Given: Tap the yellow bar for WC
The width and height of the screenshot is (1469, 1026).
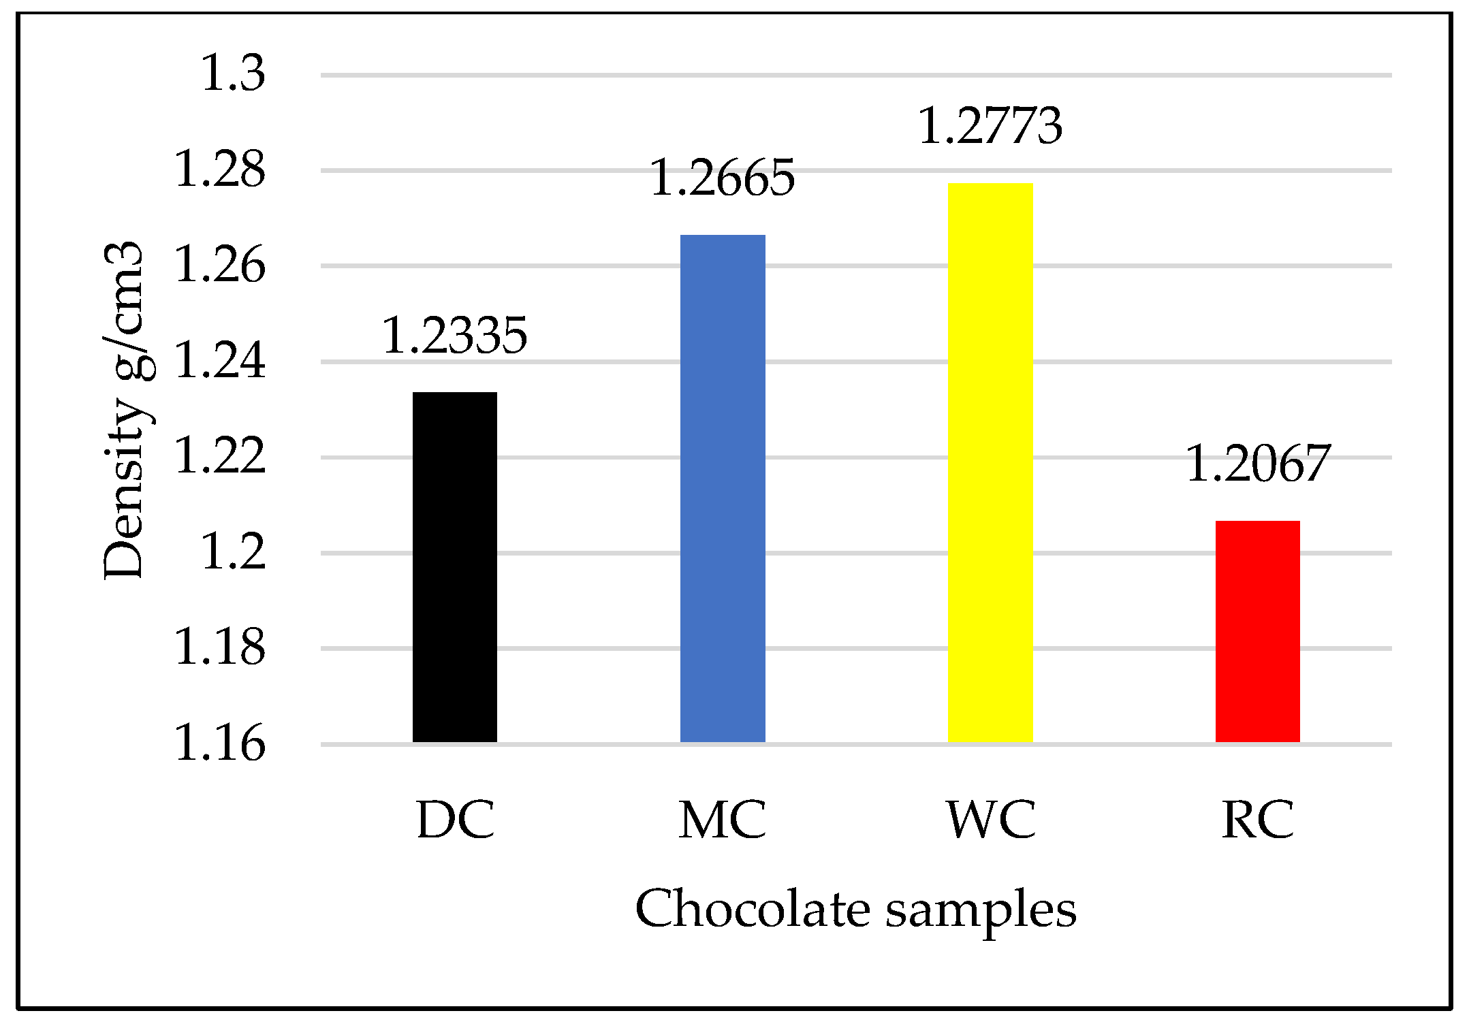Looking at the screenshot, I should (x=990, y=462).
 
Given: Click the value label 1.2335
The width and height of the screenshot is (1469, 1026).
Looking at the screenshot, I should (x=454, y=336).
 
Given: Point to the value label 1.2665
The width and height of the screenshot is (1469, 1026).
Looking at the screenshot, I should (x=723, y=178).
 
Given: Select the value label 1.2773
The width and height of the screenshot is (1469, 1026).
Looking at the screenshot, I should (x=990, y=126).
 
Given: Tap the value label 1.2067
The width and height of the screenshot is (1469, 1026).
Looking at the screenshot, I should (x=1257, y=464).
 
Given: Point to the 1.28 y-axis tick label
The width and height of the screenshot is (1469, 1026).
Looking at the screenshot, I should (x=220, y=170).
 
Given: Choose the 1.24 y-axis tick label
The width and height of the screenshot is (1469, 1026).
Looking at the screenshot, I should (x=220, y=361).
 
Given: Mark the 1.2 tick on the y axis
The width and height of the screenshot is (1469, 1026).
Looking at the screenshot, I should (x=233, y=552).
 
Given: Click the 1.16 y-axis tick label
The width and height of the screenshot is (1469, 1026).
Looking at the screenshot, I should (x=220, y=743).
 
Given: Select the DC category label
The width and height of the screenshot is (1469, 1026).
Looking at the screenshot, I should (x=454, y=820).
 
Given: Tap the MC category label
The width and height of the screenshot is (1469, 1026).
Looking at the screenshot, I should (x=723, y=820).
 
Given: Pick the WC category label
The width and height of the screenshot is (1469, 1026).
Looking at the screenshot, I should (x=990, y=820).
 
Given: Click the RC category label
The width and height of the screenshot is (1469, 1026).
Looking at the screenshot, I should (x=1257, y=820).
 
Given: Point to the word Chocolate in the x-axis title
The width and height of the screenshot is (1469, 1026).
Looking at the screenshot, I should (x=752, y=910).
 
